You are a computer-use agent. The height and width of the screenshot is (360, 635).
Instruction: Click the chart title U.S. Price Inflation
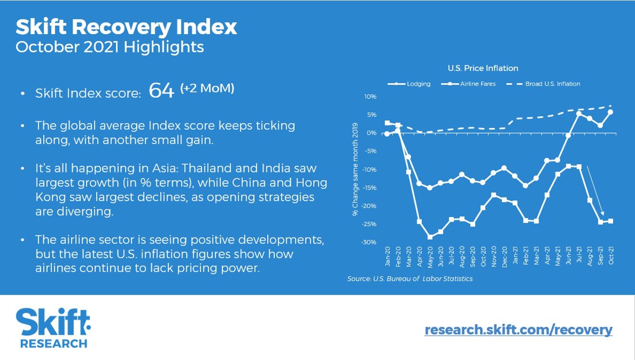pyautogui.click(x=482, y=68)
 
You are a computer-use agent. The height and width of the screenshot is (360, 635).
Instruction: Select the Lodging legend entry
pyautogui.click(x=418, y=84)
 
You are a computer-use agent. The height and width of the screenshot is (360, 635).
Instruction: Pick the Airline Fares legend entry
pyautogui.click(x=477, y=84)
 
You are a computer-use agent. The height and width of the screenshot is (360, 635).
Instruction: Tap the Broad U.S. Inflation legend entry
pyautogui.click(x=553, y=84)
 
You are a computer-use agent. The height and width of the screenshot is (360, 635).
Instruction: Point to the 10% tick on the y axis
pyautogui.click(x=370, y=97)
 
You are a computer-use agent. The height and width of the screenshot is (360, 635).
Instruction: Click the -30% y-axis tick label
pyautogui.click(x=369, y=242)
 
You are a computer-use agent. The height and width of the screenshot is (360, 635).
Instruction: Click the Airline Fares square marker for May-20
pyautogui.click(x=430, y=237)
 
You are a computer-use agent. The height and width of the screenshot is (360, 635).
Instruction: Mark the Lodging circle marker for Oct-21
pyautogui.click(x=610, y=112)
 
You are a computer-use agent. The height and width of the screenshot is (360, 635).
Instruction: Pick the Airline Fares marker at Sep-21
pyautogui.click(x=600, y=222)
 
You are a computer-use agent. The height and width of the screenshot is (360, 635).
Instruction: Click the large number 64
pyautogui.click(x=162, y=90)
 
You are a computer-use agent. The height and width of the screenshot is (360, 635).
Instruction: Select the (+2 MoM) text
pyautogui.click(x=207, y=88)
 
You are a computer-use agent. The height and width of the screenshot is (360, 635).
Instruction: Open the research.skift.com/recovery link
pyautogui.click(x=518, y=330)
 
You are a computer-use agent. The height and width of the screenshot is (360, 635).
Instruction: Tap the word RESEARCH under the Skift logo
pyautogui.click(x=54, y=343)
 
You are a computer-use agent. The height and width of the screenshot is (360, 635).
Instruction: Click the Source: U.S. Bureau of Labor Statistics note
pyautogui.click(x=410, y=279)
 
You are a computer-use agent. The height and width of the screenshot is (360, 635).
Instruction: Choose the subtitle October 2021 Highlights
pyautogui.click(x=109, y=47)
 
